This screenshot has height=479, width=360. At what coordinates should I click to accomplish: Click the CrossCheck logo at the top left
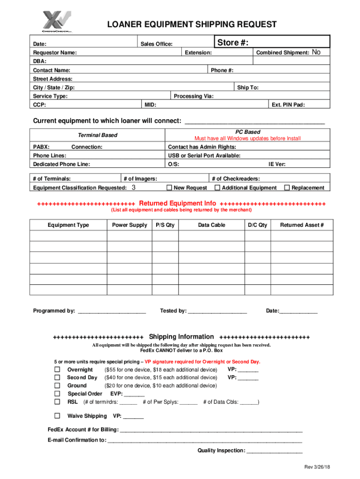click(56, 22)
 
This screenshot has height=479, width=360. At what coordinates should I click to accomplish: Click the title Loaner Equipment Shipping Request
click(192, 24)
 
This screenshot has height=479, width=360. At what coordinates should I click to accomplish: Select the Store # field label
click(232, 43)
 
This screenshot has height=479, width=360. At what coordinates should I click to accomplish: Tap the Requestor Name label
click(55, 53)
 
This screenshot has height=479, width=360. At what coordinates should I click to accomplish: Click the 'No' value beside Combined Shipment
click(316, 52)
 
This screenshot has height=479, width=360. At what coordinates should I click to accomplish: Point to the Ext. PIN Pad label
click(288, 105)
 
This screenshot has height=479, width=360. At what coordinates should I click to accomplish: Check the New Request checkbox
click(169, 188)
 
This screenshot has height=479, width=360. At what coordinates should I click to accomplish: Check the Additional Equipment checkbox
click(217, 188)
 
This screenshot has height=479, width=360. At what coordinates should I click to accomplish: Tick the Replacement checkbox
click(287, 188)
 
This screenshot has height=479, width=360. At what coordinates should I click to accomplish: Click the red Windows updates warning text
click(247, 138)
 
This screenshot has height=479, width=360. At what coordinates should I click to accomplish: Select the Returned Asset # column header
click(302, 225)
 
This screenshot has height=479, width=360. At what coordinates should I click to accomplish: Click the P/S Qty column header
click(165, 225)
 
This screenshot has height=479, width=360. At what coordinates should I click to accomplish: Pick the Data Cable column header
click(211, 225)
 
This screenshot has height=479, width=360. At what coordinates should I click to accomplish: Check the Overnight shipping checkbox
click(57, 370)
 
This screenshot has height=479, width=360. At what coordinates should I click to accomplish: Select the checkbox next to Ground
click(57, 385)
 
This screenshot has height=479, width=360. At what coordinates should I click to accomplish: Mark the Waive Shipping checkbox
click(57, 416)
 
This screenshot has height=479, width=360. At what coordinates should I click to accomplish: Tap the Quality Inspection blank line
click(274, 450)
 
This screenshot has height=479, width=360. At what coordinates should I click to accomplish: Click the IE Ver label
click(277, 164)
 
